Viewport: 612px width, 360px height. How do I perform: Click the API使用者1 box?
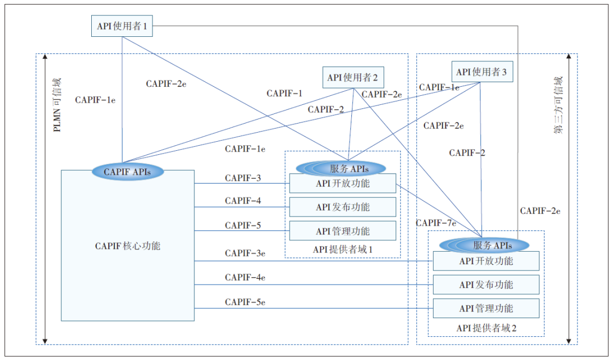122,26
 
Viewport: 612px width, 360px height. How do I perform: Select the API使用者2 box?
352,77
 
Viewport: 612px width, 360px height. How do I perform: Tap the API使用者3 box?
482,72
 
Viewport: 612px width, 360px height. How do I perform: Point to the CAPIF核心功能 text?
127,246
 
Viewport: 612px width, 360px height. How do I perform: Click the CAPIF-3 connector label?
243,178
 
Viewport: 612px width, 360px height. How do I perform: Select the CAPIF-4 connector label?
243,201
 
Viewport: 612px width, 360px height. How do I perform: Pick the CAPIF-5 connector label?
243,225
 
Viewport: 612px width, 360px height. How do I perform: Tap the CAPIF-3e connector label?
245,253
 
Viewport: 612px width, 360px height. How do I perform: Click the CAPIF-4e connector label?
245,277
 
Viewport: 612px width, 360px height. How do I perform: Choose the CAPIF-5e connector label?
245,302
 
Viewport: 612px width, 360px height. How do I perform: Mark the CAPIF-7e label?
436,223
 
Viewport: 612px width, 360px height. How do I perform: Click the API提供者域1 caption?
342,249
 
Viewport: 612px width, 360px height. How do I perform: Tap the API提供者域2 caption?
486,328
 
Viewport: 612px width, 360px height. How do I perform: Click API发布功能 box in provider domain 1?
342,207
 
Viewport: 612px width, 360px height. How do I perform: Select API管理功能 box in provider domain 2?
486,308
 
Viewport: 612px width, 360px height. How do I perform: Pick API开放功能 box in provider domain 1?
342,184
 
